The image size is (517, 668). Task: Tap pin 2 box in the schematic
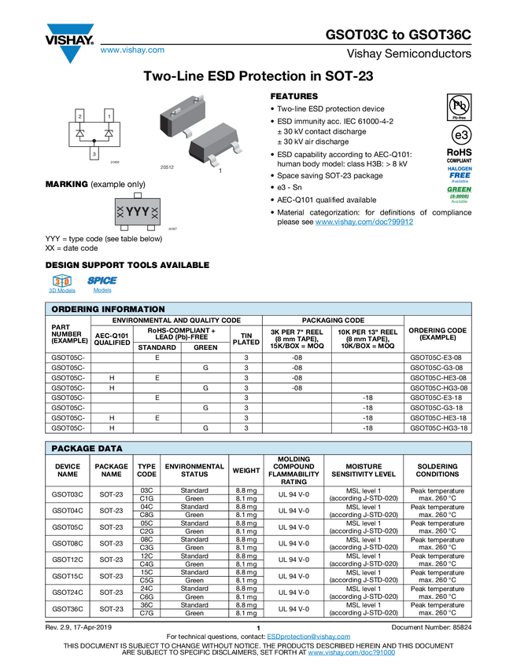pyautogui.click(x=80, y=116)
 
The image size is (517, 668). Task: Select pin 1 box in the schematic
pyautogui.click(x=109, y=116)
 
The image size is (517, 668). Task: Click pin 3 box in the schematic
pyautogui.click(x=94, y=155)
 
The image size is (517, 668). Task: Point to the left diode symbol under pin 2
pyautogui.click(x=80, y=133)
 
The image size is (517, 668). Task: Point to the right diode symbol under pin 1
pyautogui.click(x=109, y=133)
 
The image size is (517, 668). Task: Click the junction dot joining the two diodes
pyautogui.click(x=94, y=141)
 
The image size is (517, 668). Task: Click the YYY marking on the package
pyautogui.click(x=138, y=212)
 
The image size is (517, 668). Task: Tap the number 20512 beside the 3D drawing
pyautogui.click(x=167, y=167)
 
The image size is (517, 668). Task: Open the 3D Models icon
pyautogui.click(x=61, y=284)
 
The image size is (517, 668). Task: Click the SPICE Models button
pyautogui.click(x=102, y=284)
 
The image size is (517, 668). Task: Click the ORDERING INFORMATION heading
pyautogui.click(x=108, y=310)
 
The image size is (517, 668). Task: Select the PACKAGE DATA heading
pyautogui.click(x=87, y=449)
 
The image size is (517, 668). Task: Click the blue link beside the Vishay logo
pyautogui.click(x=132, y=51)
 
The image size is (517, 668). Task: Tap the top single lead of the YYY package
pyautogui.click(x=138, y=193)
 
